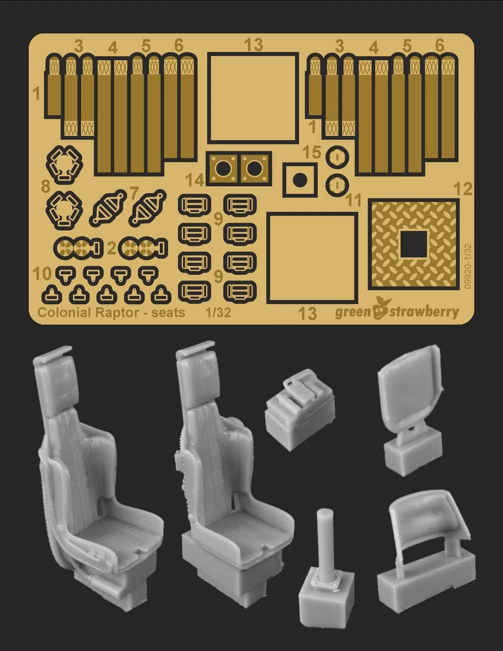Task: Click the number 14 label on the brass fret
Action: pos(195,181)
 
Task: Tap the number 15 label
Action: pos(312,152)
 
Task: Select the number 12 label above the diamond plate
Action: pos(463,189)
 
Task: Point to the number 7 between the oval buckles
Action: pos(135,193)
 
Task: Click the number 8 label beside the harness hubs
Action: pos(46,187)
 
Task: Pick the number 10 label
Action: pos(42,274)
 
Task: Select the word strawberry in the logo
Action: pos(425,312)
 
